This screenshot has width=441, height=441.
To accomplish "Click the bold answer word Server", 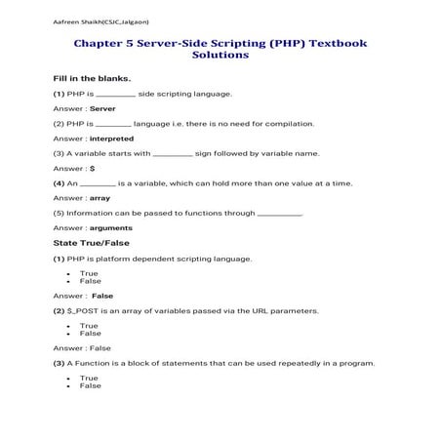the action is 102,108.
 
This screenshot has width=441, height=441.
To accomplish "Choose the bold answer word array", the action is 100,198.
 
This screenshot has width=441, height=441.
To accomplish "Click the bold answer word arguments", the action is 110,227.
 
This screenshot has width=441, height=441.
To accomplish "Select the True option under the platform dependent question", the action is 89,273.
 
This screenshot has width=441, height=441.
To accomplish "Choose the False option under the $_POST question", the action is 90,333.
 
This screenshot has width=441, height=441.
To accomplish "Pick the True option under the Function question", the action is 89,378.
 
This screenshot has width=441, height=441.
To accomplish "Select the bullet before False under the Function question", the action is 66,385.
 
